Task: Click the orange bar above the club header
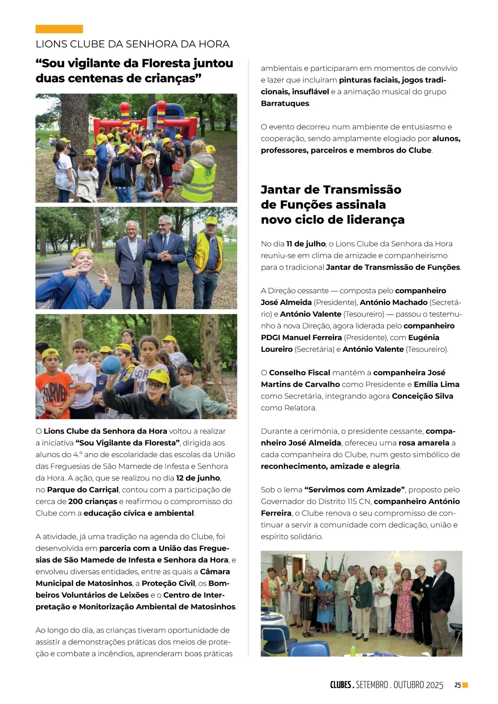pos(59,29)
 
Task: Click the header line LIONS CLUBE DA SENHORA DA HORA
pos(132,44)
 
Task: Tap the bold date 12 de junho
pos(198,478)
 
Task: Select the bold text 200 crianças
pos(93,501)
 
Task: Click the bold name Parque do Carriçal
pos(83,490)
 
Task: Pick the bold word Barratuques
pos(285,103)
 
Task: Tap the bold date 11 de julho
pos(306,244)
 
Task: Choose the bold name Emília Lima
pos(436,384)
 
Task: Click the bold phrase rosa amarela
pos(424,443)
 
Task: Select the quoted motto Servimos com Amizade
pos(354,490)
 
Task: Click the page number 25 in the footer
pos(457,685)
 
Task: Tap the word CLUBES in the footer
pos(341,685)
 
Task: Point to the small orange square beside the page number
pos(465,685)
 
